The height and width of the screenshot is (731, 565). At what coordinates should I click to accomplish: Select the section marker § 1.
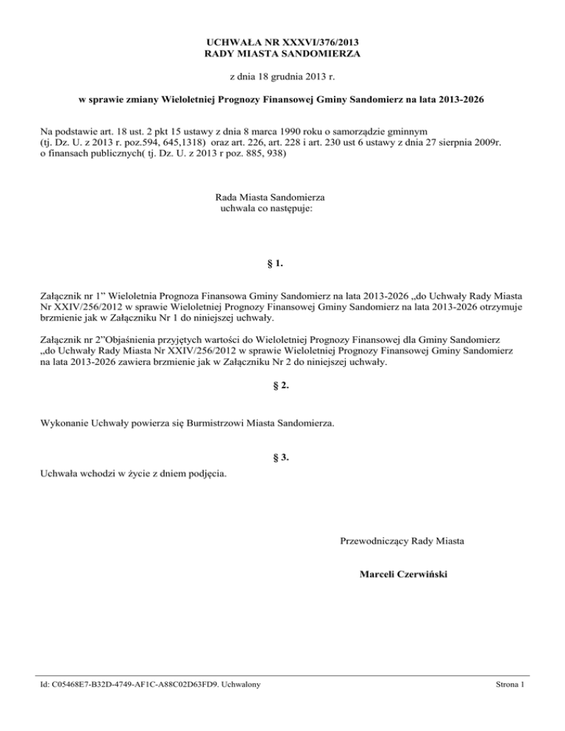tap(282, 263)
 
